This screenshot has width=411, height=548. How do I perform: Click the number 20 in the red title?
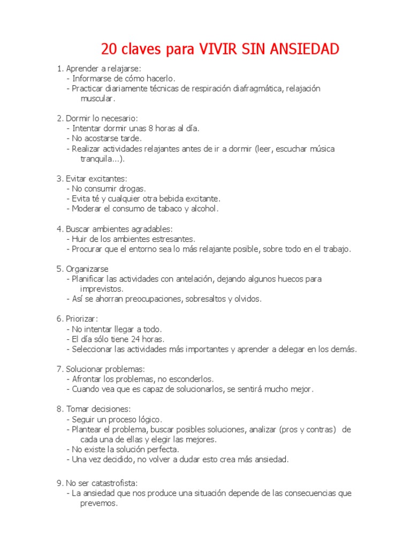(x=110, y=49)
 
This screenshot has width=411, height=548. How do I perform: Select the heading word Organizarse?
(x=87, y=269)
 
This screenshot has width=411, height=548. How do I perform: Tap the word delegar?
(x=291, y=349)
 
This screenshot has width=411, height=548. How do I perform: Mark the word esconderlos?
(x=191, y=379)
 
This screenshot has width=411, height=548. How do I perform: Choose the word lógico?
(x=150, y=419)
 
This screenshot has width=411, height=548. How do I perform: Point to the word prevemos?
(x=98, y=503)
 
